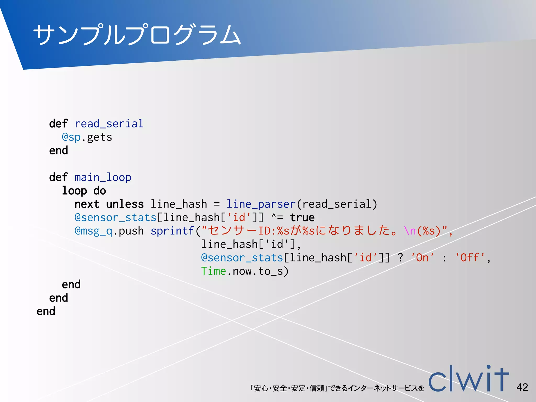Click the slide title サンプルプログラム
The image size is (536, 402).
(x=137, y=35)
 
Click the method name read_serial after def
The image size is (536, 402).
(x=109, y=124)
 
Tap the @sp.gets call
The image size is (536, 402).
(x=87, y=137)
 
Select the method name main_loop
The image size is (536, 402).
(x=103, y=177)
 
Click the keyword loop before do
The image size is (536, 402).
(x=74, y=191)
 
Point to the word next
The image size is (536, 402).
(x=87, y=204)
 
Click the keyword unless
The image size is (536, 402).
(x=125, y=204)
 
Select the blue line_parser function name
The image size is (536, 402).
(x=261, y=204)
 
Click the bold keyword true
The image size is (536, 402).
(x=302, y=217)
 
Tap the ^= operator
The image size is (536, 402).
(x=277, y=217)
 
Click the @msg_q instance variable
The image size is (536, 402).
(x=93, y=231)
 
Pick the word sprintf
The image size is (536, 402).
(x=172, y=231)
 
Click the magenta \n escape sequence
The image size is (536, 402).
(x=410, y=231)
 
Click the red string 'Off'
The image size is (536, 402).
(x=470, y=258)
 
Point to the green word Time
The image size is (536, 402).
(x=213, y=271)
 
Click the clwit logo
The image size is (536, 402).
(x=468, y=379)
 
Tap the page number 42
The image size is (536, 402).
(x=522, y=387)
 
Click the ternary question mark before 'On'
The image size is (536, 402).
(x=400, y=258)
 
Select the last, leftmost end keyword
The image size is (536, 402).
(x=46, y=311)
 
